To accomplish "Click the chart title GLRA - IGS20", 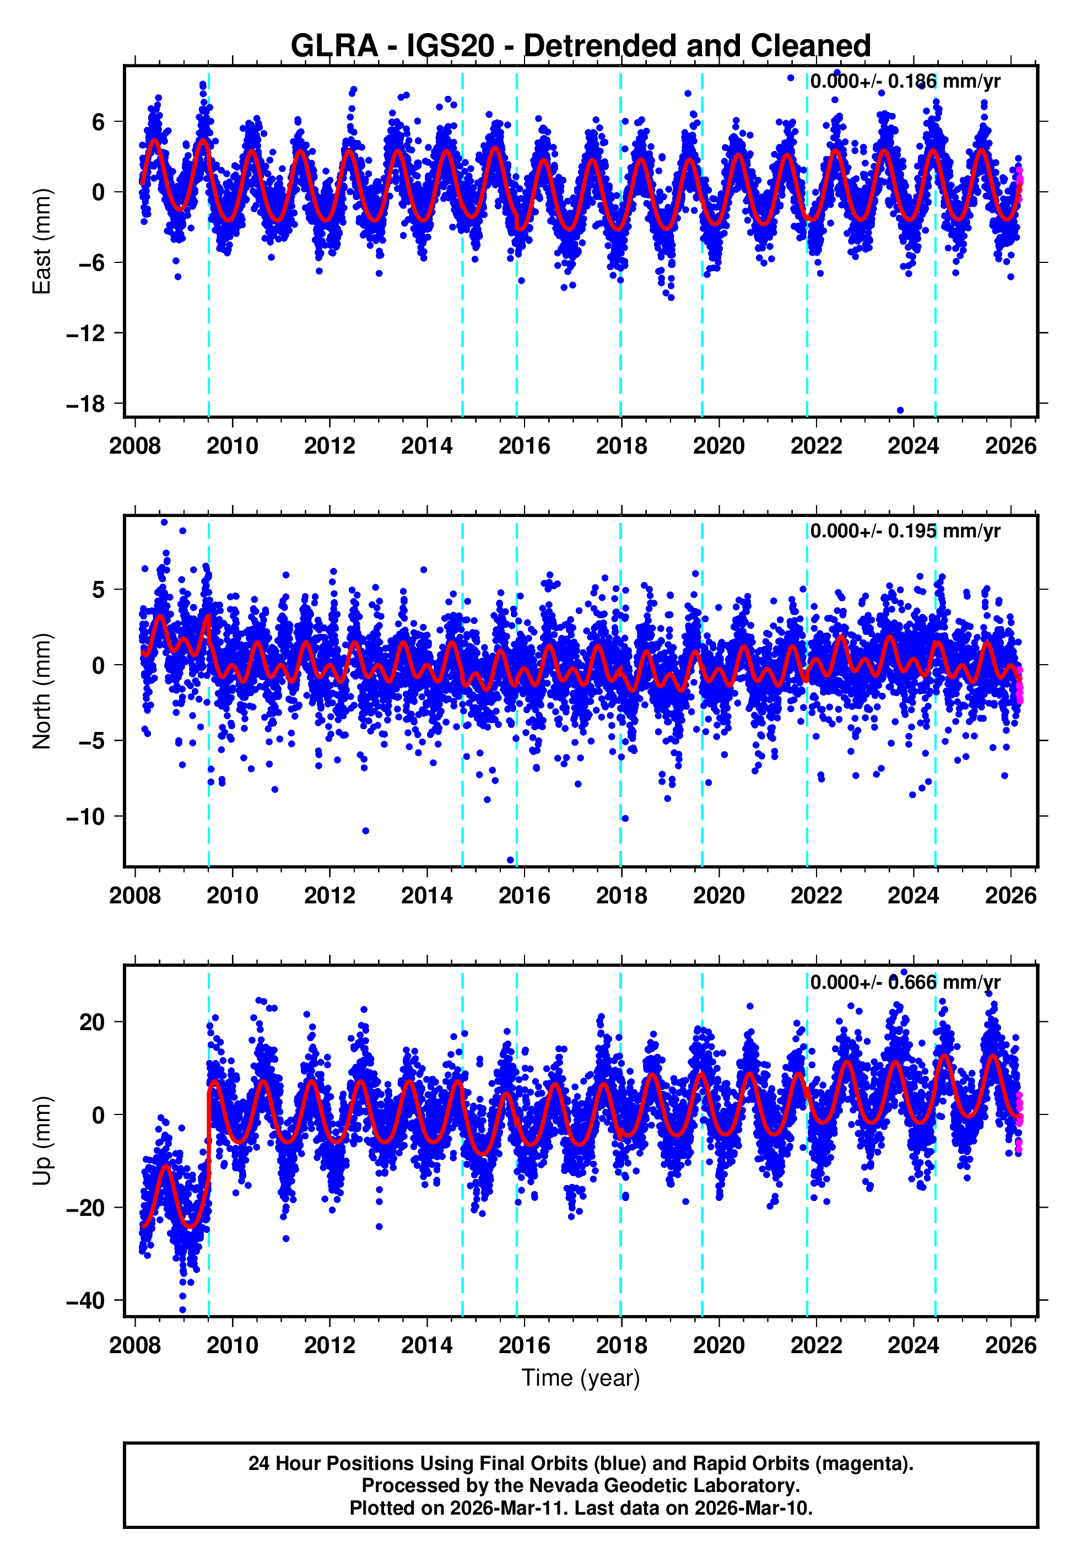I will point(580,46).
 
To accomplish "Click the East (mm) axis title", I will point(42,241).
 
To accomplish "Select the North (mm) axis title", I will point(42,691).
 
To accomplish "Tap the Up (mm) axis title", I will point(42,1141).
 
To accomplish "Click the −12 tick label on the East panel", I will point(86,333).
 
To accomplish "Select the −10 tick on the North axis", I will point(86,817).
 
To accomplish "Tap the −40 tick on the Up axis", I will point(86,1301).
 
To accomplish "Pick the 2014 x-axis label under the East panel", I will point(426,446).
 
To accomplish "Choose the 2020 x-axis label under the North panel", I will point(718,896).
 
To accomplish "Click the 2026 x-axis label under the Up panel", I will point(1010,1345).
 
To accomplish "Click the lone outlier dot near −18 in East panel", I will point(900,410).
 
